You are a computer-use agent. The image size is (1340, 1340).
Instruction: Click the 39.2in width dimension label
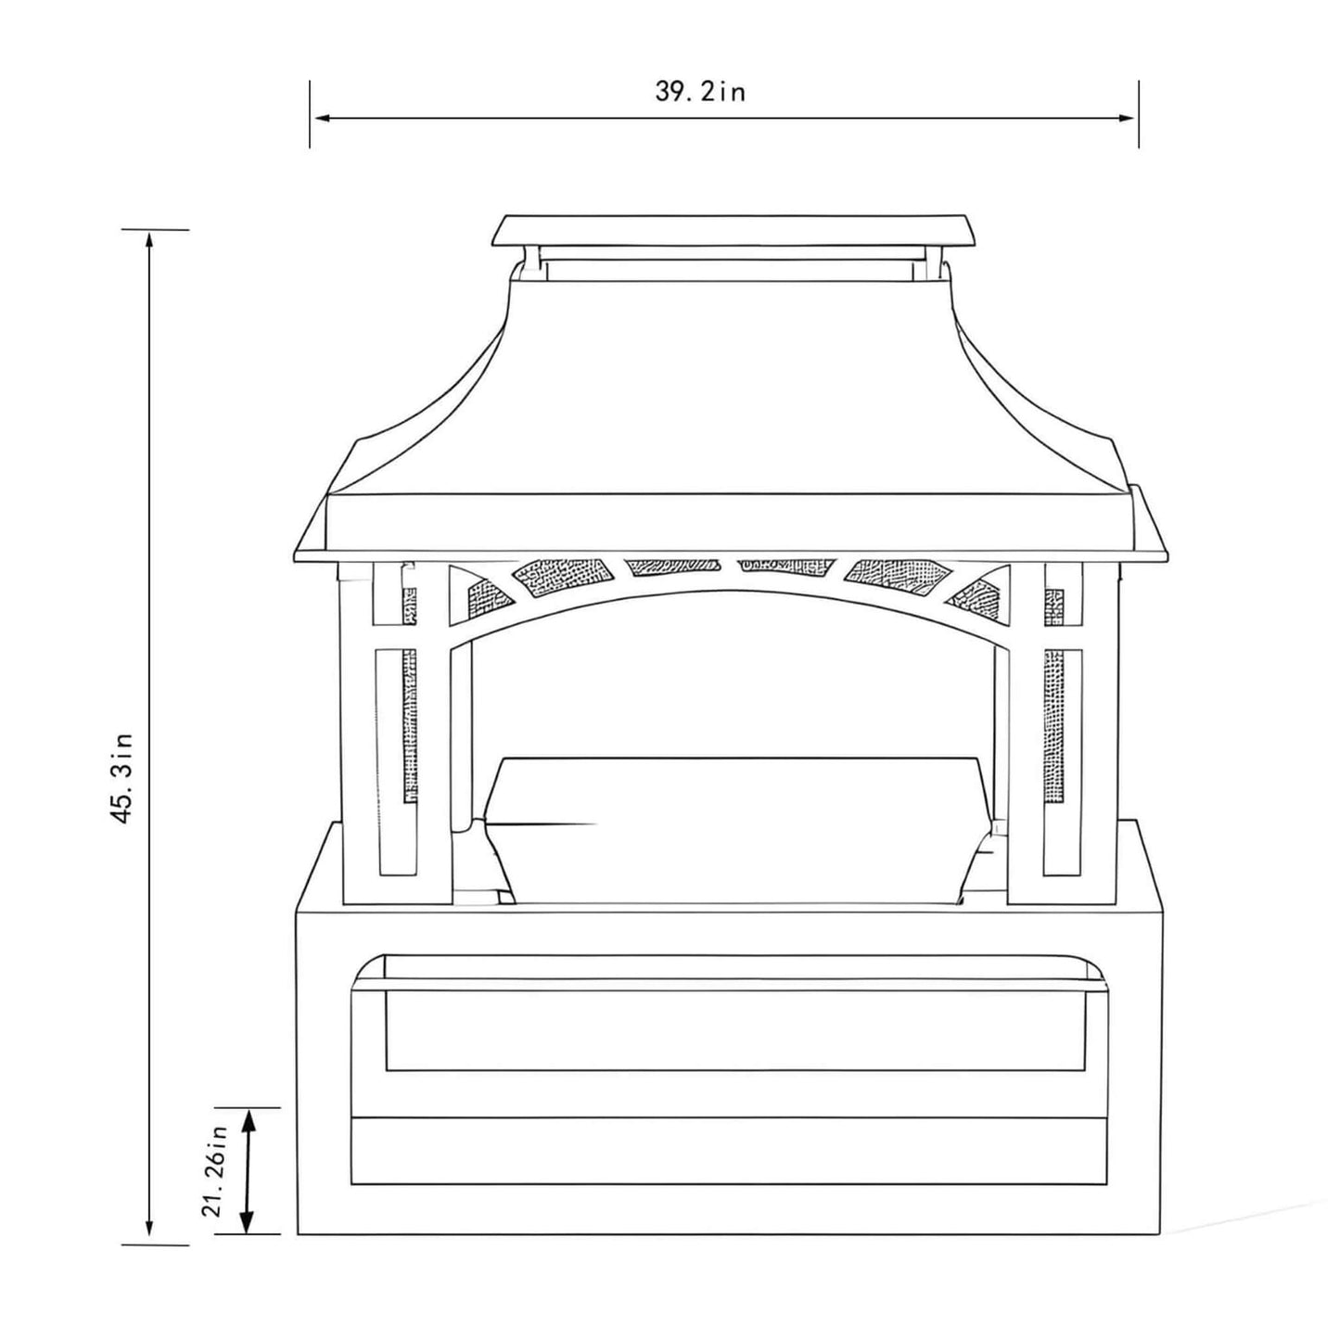[x=700, y=92]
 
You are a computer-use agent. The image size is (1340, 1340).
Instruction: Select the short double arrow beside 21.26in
[x=248, y=1171]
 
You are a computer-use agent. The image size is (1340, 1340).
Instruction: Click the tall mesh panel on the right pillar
[x=1054, y=723]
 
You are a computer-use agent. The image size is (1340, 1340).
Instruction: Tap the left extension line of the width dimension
[x=310, y=113]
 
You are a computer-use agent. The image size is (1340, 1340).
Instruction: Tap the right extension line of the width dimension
[x=1139, y=113]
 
